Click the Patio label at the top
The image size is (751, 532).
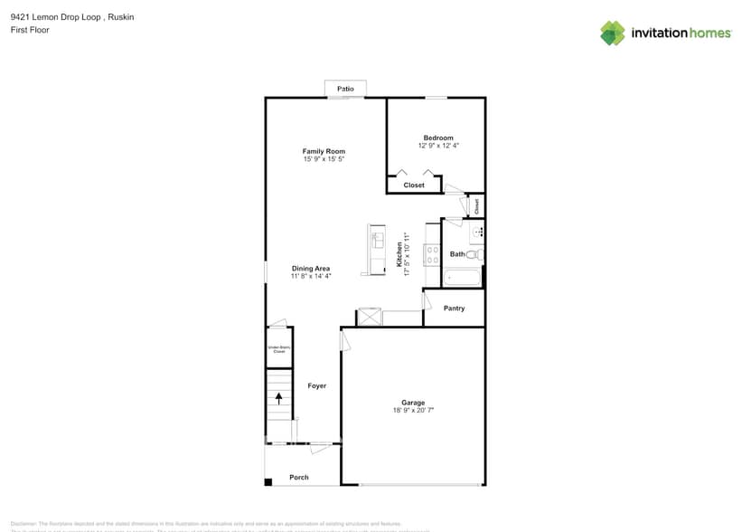pyautogui.click(x=345, y=89)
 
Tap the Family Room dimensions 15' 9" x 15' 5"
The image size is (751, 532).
pyautogui.click(x=324, y=159)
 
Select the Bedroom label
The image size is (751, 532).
pyautogui.click(x=438, y=138)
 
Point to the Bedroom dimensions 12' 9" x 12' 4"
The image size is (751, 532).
pyautogui.click(x=438, y=146)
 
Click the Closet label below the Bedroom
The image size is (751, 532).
pyautogui.click(x=414, y=185)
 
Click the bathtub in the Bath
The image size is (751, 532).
pyautogui.click(x=463, y=279)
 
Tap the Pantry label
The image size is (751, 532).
pyautogui.click(x=455, y=309)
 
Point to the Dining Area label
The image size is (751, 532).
pyautogui.click(x=310, y=269)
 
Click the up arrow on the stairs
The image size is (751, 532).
pyautogui.click(x=279, y=397)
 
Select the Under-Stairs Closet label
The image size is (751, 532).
pyautogui.click(x=278, y=349)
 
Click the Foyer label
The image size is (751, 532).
pyautogui.click(x=316, y=386)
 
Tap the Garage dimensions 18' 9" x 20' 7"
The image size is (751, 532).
pyautogui.click(x=413, y=411)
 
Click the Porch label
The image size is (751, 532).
pyautogui.click(x=299, y=478)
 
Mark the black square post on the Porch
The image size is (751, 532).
pyautogui.click(x=268, y=481)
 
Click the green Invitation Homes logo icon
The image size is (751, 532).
pyautogui.click(x=613, y=33)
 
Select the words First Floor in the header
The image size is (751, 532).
pyautogui.click(x=30, y=30)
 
